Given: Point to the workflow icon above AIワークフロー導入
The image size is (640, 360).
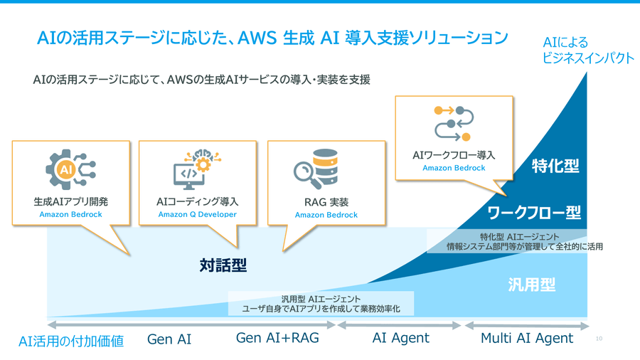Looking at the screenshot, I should (x=453, y=123).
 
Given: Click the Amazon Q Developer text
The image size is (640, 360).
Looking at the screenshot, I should (x=197, y=214).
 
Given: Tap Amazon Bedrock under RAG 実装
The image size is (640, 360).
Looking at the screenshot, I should (x=326, y=214).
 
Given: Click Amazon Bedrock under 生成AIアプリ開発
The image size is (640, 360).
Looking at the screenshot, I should (x=70, y=214).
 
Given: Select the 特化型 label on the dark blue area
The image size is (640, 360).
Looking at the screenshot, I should (x=555, y=166).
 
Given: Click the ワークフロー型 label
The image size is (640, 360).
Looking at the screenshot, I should (x=534, y=212).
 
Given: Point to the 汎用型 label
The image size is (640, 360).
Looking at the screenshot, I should (x=531, y=285).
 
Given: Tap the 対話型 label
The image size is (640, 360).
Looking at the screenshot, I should (x=223, y=265).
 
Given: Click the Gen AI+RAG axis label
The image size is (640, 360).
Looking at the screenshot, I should (x=277, y=339).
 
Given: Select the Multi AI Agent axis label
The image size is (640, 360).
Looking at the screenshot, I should (x=527, y=339).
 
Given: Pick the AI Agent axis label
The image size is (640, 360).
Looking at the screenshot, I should (x=400, y=339).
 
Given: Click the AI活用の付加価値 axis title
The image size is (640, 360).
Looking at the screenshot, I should (x=71, y=342).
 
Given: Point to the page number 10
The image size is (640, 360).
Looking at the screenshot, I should (x=599, y=339).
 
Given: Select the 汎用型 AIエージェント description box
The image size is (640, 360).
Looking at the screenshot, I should (x=321, y=304).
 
